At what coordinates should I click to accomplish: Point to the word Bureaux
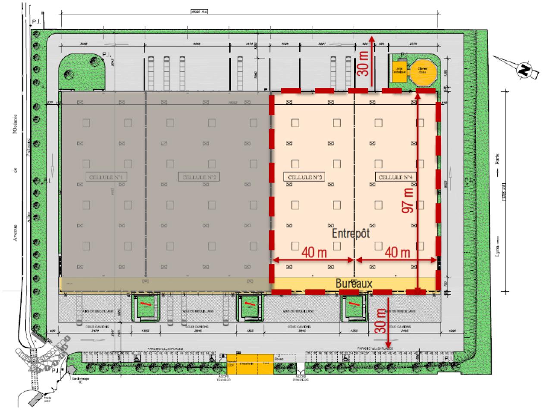[354, 283]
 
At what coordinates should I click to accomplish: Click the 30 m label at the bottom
[380, 321]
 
